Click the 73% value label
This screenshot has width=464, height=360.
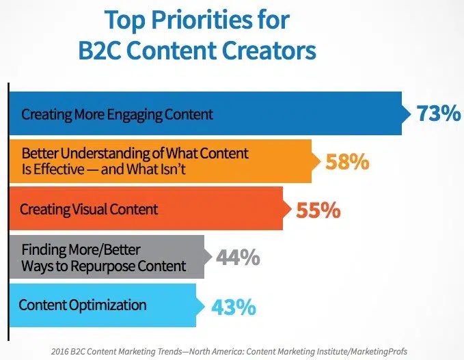439,113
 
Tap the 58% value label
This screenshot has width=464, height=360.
347,161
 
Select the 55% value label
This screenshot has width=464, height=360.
318,210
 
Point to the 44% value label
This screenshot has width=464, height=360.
238,257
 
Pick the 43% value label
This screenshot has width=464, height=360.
234,307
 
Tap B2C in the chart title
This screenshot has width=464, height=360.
100,51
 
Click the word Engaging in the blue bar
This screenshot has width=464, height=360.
135,115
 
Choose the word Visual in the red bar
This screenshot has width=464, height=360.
90,209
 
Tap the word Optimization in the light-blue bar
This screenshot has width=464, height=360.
108,305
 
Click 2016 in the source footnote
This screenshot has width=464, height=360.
59,352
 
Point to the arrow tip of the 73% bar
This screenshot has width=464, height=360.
411,113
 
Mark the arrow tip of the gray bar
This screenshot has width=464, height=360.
212,257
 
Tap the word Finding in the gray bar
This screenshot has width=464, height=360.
44,250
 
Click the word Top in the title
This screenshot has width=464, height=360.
125,20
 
